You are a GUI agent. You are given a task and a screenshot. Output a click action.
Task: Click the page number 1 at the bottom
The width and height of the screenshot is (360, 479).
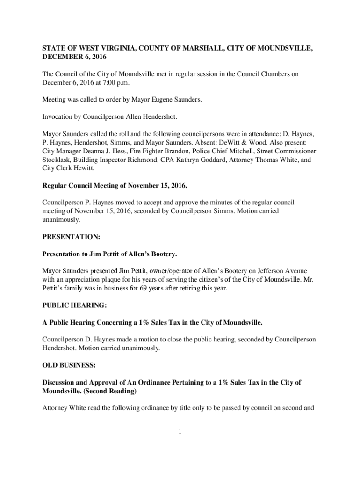pyautogui.click(x=180, y=431)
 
